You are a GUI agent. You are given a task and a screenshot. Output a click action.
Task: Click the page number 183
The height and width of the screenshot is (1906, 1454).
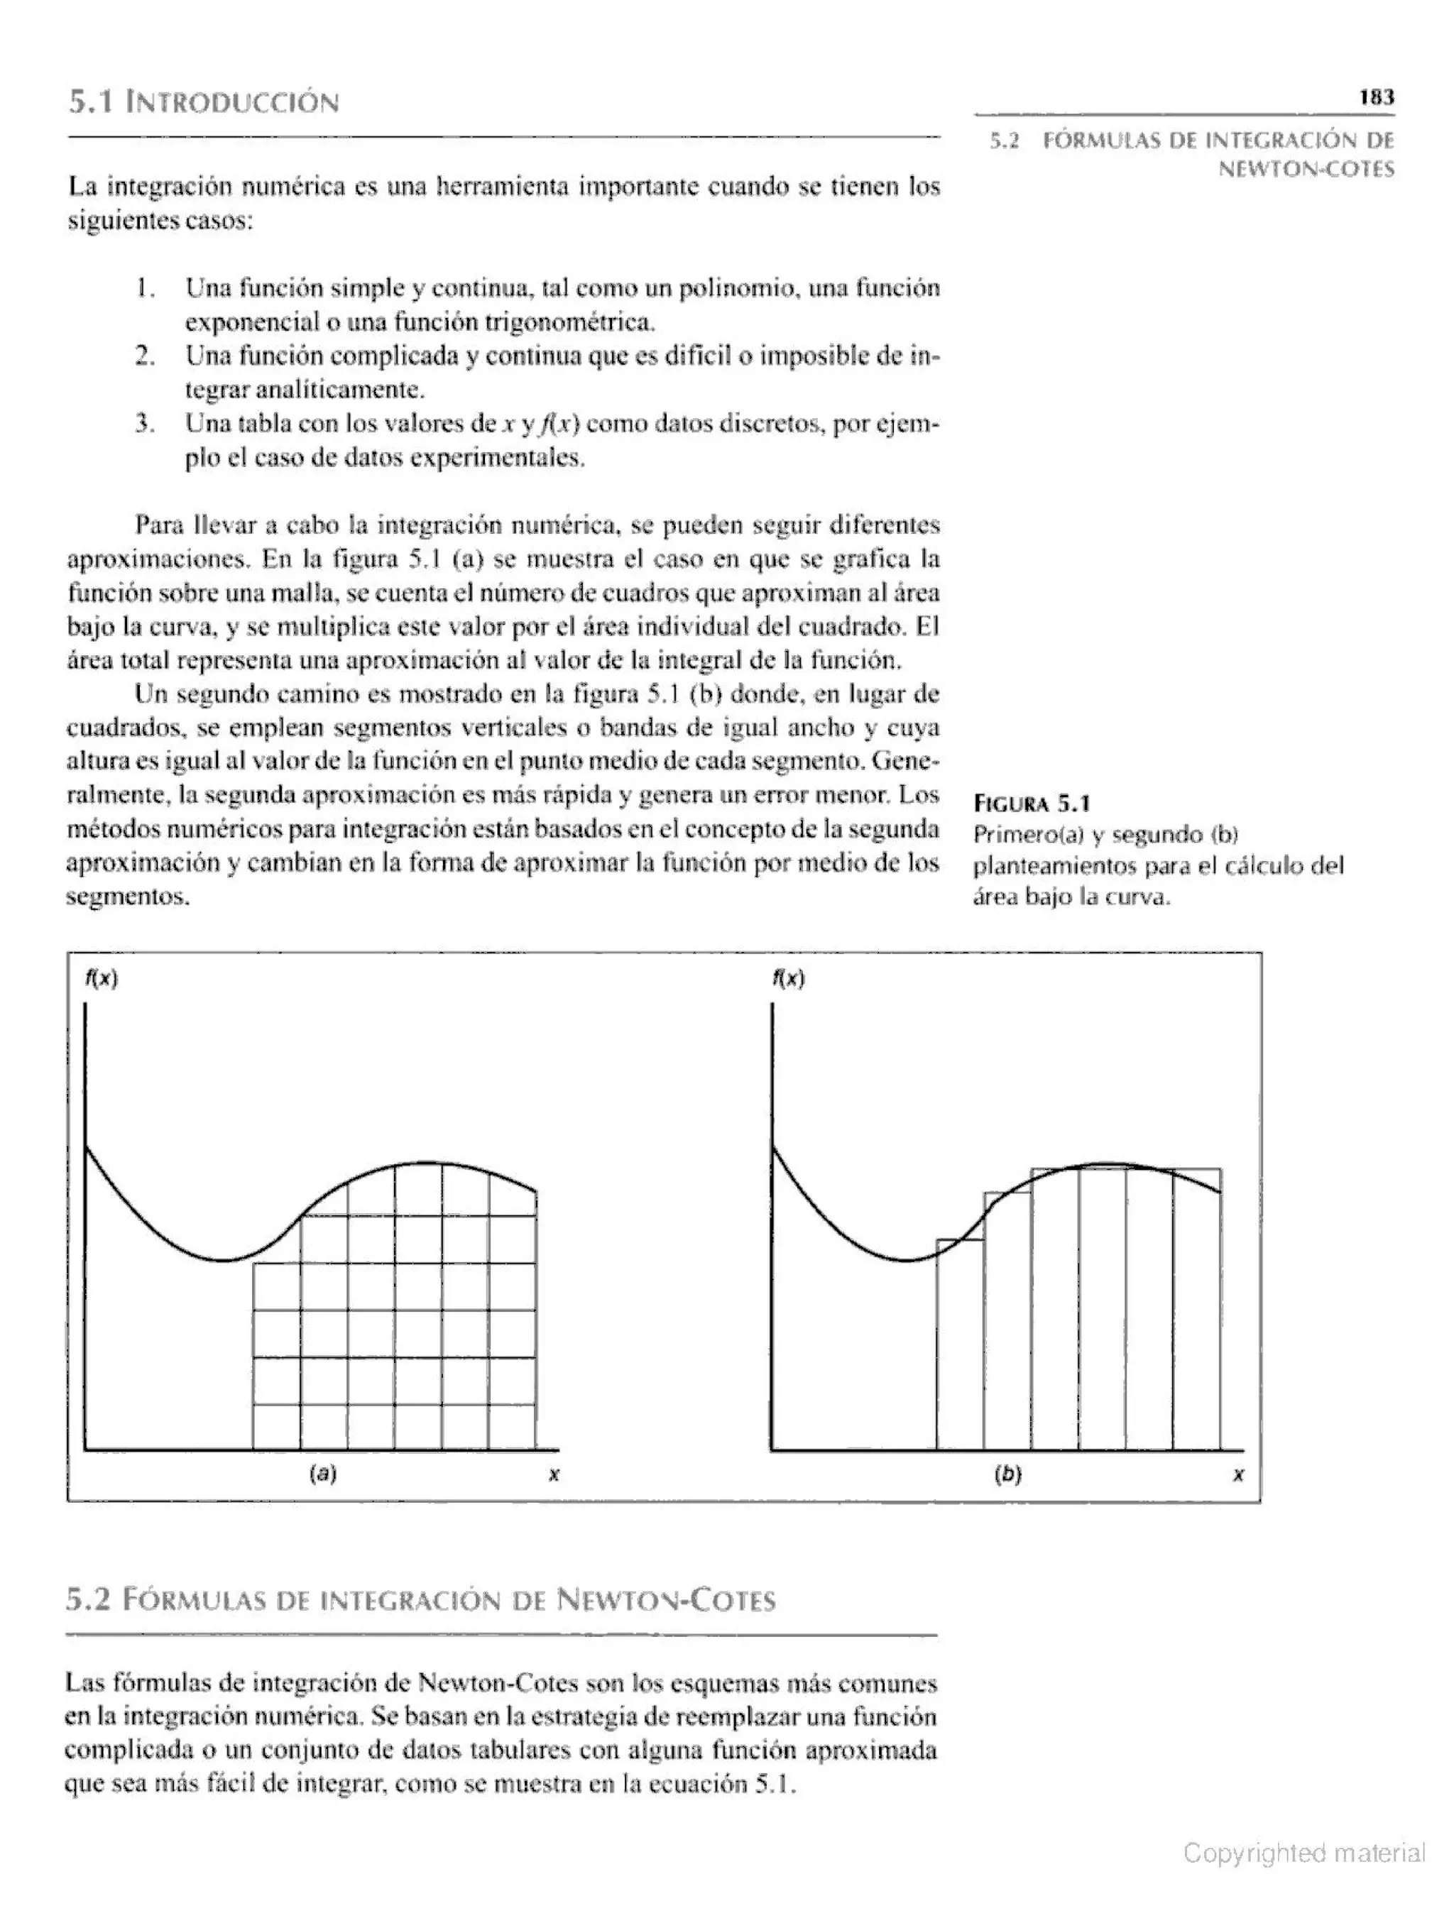(x=1376, y=97)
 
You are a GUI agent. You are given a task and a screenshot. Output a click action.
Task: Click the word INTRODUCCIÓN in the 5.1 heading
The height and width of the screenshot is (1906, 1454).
(x=232, y=104)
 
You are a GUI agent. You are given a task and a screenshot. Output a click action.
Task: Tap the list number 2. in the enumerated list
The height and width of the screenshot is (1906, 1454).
(x=145, y=356)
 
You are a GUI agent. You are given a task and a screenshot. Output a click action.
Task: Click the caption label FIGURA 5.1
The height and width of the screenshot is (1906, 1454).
(x=1032, y=804)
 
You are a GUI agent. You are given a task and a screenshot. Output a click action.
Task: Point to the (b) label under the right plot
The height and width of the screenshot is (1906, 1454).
(x=1008, y=1474)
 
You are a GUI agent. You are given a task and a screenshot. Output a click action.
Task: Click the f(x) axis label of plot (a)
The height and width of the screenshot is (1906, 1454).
(x=102, y=978)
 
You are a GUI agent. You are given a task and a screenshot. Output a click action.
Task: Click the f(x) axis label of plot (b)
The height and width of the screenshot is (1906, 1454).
(x=789, y=978)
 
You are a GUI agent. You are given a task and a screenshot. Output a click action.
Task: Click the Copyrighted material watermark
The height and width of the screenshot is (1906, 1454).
(x=1303, y=1853)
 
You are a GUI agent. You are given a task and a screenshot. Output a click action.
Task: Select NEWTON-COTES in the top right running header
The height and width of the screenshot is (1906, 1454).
(x=1306, y=170)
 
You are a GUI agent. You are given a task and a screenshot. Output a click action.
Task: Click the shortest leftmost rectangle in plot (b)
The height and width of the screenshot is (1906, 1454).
(x=960, y=1349)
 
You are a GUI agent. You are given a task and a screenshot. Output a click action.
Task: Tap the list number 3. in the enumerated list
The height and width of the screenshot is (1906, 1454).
(x=145, y=424)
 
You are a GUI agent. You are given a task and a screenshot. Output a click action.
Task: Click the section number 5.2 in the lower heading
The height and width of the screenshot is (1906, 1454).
(x=89, y=1600)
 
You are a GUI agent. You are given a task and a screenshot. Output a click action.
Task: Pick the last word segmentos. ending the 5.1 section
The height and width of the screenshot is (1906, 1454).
(x=127, y=897)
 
